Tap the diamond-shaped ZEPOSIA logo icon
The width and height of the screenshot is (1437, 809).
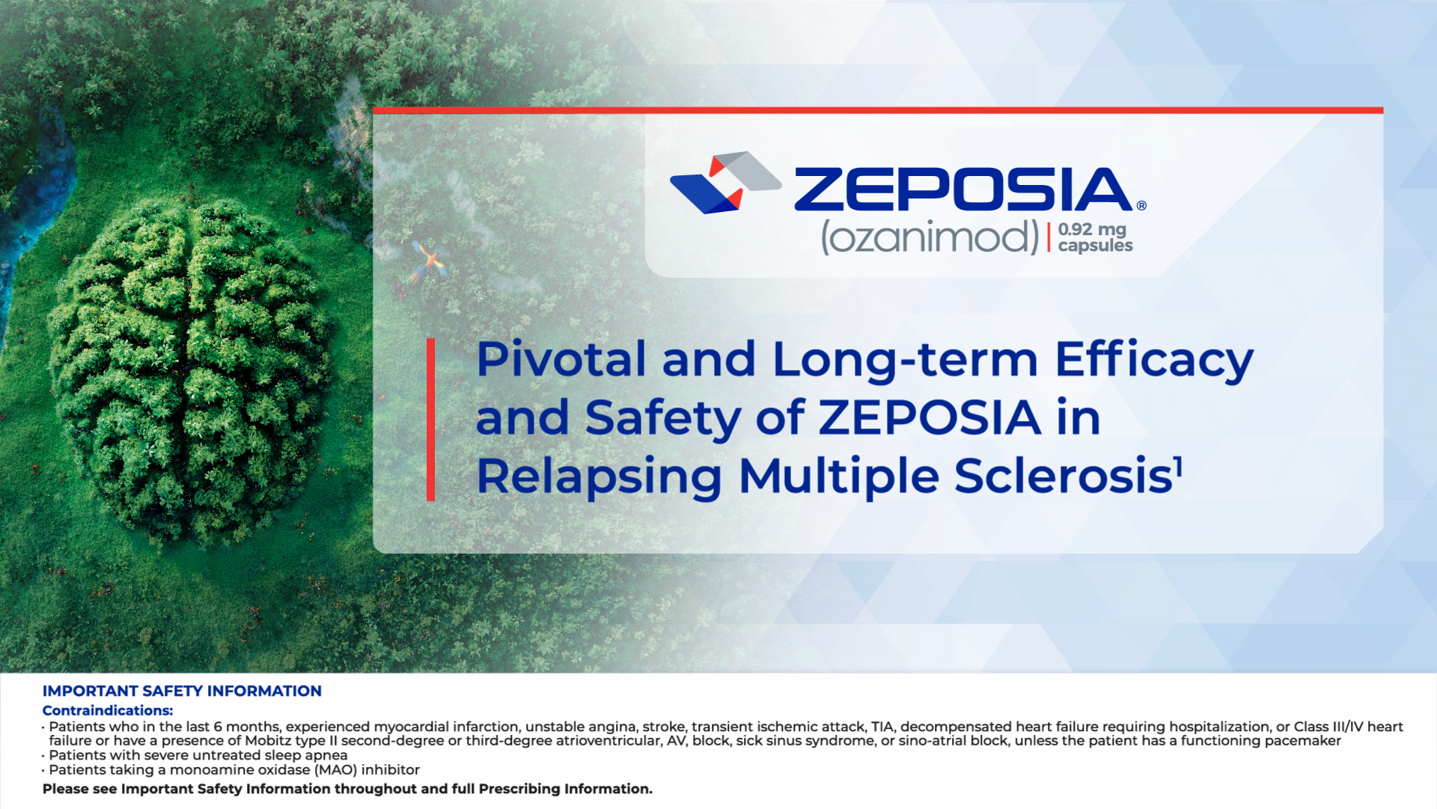pyautogui.click(x=725, y=183)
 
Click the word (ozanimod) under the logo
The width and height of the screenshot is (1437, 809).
pyautogui.click(x=930, y=237)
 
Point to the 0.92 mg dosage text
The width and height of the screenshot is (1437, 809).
pyautogui.click(x=1092, y=229)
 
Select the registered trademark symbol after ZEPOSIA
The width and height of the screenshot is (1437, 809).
pyautogui.click(x=1141, y=205)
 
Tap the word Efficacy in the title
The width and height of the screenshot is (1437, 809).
pyautogui.click(x=1153, y=360)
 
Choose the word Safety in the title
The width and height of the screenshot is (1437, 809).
pyautogui.click(x=662, y=418)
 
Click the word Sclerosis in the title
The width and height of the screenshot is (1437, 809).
pyautogui.click(x=1063, y=476)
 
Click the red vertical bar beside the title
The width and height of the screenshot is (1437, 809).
pyautogui.click(x=430, y=419)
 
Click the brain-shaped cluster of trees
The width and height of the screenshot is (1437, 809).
pyautogui.click(x=191, y=367)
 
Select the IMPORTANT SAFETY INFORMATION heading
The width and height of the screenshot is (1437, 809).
pyautogui.click(x=182, y=691)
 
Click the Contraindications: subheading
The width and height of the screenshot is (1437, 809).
pyautogui.click(x=108, y=710)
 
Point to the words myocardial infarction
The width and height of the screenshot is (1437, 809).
pyautogui.click(x=446, y=727)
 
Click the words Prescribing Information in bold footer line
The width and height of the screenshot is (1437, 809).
pyautogui.click(x=564, y=789)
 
